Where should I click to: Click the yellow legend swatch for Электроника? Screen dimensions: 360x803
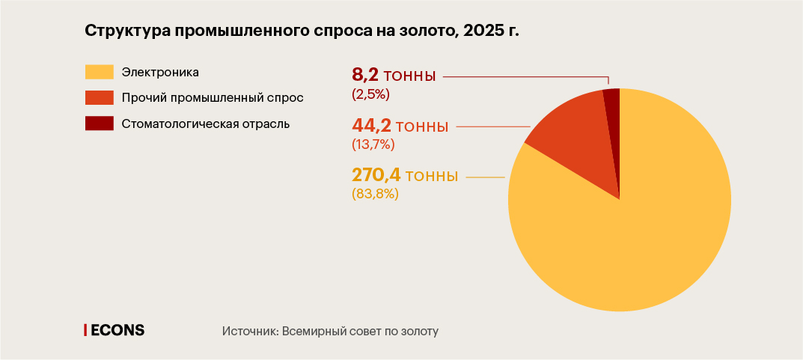[x=99, y=72]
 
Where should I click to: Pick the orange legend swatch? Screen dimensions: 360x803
[x=99, y=97]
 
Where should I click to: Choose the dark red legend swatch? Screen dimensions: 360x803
[x=99, y=123]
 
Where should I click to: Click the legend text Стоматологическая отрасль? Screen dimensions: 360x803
[x=205, y=123]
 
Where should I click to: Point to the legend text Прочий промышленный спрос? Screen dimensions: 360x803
[x=213, y=97]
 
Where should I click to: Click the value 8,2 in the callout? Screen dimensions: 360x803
[x=366, y=76]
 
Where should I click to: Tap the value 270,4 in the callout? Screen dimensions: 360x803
[x=376, y=176]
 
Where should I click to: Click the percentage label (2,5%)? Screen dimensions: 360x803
[x=370, y=94]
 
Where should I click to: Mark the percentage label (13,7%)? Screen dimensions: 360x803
[x=373, y=144]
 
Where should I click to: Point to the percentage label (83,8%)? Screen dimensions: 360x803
[x=375, y=194]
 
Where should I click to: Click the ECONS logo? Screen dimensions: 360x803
[x=115, y=330]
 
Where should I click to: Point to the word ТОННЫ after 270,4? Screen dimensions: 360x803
[x=432, y=177]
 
